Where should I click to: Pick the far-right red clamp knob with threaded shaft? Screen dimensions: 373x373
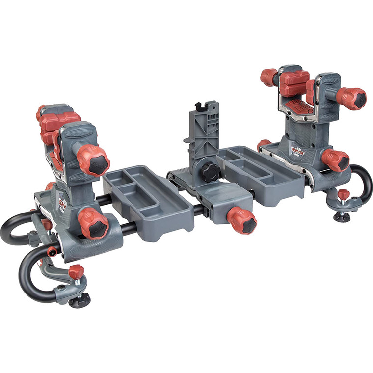coord(352,98)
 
